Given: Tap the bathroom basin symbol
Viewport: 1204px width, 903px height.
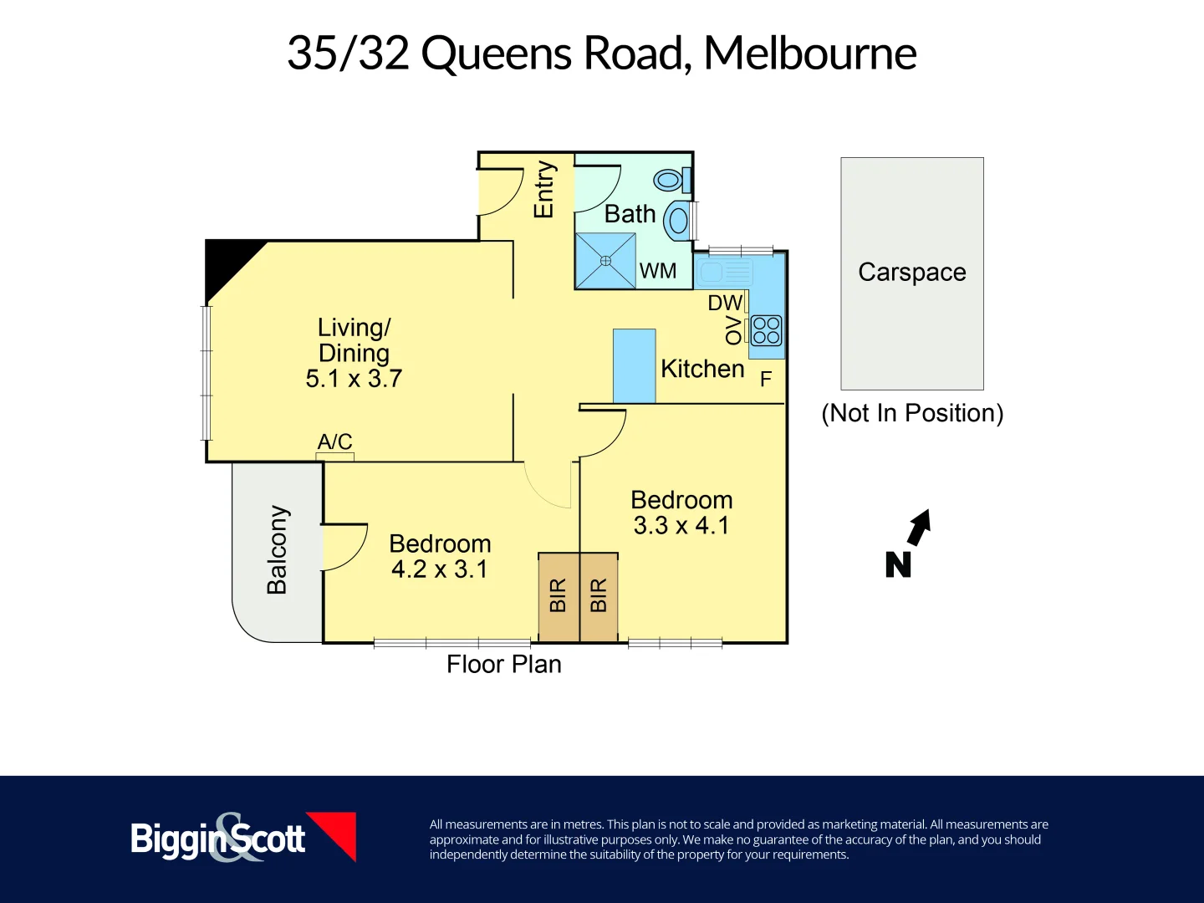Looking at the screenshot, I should [678, 222].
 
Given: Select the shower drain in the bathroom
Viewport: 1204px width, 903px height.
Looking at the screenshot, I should [606, 261].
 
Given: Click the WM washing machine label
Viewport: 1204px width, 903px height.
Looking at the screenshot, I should [658, 271].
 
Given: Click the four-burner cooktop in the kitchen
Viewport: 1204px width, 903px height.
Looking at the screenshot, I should [766, 330].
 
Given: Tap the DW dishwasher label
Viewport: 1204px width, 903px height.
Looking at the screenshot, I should [725, 303].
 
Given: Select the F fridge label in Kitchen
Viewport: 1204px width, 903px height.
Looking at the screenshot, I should [765, 380].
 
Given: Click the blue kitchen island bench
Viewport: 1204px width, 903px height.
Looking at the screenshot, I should [634, 365].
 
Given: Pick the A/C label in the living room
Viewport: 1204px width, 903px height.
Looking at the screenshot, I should [334, 441].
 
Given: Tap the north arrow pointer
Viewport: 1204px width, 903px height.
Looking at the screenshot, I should [920, 527].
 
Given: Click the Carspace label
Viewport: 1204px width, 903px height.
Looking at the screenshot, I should [911, 273].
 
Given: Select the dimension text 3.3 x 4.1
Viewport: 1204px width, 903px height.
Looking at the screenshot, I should [681, 526].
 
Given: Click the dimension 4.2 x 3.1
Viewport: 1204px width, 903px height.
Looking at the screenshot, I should [439, 569].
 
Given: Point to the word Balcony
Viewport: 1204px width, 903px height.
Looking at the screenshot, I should [277, 549].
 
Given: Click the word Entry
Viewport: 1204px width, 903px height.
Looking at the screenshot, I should [543, 190].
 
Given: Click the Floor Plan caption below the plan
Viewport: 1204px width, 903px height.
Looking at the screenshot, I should [503, 664].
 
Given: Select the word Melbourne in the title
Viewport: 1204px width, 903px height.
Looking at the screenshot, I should [809, 54].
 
